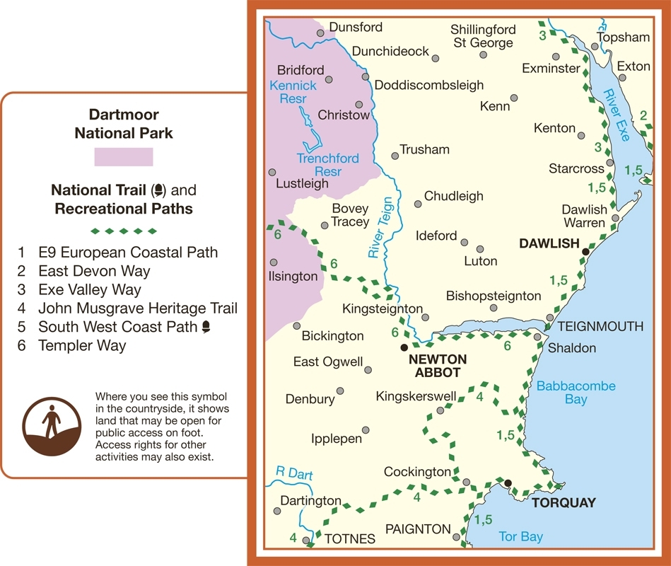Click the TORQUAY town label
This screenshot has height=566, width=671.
563,503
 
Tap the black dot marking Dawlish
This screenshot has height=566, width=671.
585,252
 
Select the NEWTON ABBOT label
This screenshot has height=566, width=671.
435,366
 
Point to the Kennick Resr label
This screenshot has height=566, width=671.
293,92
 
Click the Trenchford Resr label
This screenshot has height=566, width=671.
327,165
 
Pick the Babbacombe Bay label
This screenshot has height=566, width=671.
576,393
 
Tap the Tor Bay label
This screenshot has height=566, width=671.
521,537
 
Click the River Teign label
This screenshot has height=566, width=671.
377,236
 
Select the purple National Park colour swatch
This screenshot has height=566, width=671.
124,156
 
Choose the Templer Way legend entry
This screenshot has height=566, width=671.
82,345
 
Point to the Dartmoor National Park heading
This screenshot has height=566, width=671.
124,123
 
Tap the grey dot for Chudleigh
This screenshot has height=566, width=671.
418,204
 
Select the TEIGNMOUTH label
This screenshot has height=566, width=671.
600,326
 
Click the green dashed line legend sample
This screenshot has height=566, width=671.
124,231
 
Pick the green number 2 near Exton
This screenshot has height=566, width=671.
643,115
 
